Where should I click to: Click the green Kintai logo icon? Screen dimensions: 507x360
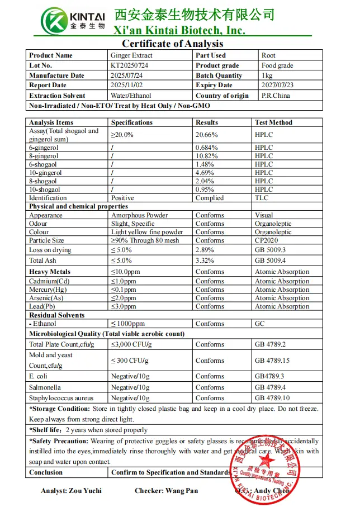(54, 21)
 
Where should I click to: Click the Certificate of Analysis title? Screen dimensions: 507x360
(172, 44)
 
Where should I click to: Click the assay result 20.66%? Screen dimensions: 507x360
(207, 135)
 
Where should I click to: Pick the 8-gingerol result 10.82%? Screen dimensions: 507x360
(207, 156)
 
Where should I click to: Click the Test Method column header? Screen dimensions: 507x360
(273, 122)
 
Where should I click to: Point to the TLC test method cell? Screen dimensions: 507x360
(262, 198)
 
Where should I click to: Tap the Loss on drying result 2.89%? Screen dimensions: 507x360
(205, 250)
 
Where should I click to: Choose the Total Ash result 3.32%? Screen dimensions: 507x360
(205, 260)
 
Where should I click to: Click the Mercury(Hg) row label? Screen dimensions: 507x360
(51, 290)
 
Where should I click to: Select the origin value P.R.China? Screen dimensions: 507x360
(276, 96)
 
